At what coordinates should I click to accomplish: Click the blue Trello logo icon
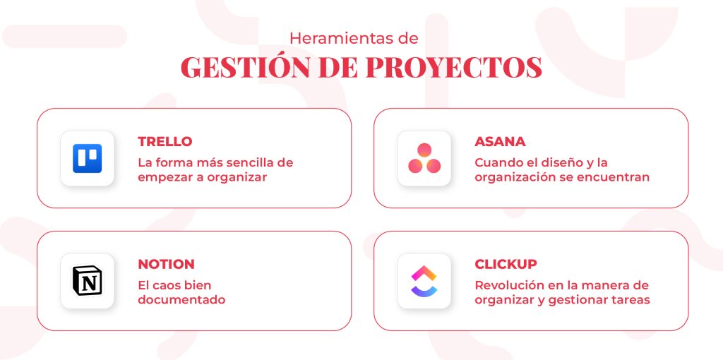(87, 159)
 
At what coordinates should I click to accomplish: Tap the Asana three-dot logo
(424, 158)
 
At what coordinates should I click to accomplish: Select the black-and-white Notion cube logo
(87, 281)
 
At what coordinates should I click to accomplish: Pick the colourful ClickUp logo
(424, 281)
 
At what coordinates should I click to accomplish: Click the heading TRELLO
(165, 141)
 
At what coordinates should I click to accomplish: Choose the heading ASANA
(500, 141)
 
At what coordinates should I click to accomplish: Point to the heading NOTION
(166, 264)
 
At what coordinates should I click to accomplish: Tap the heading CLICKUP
(506, 264)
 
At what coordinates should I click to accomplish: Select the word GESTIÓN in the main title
(245, 67)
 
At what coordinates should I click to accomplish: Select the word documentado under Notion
(181, 299)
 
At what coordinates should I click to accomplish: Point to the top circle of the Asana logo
(424, 150)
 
